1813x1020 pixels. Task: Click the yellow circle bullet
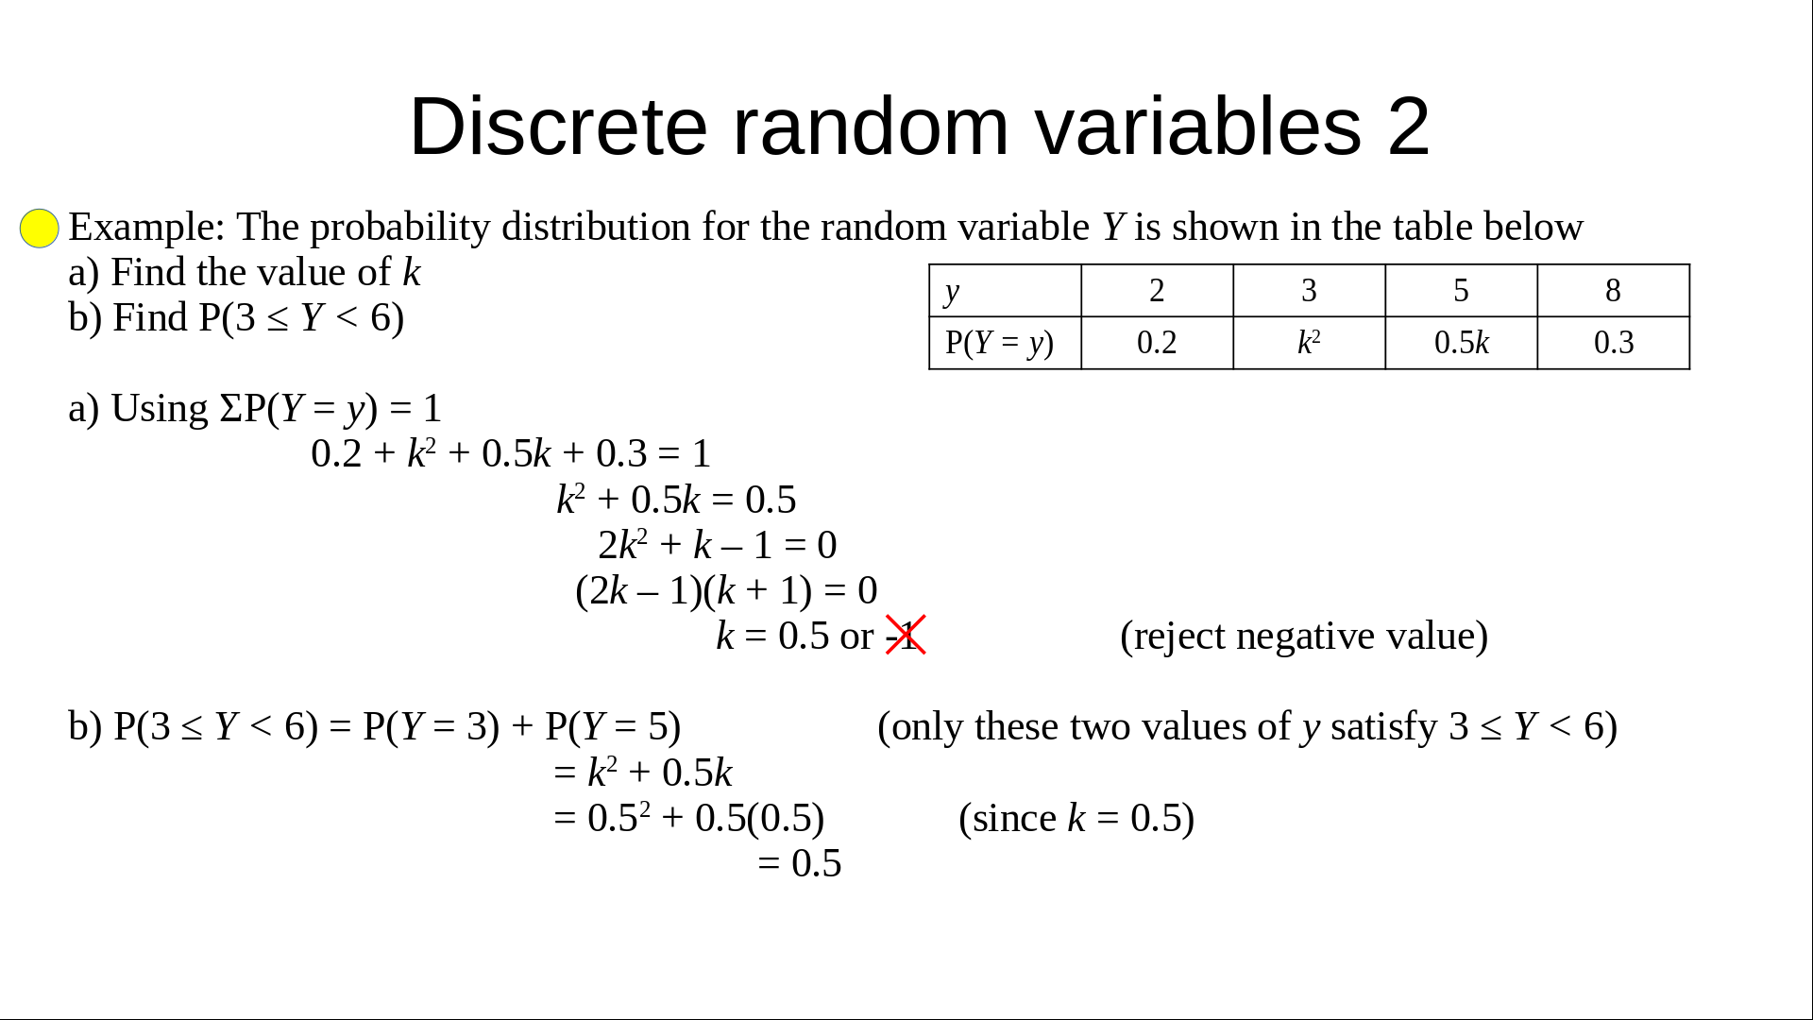pos(40,229)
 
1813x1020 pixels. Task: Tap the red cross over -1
pos(906,635)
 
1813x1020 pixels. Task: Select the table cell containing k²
pos(1309,343)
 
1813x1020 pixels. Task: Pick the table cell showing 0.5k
pos(1461,343)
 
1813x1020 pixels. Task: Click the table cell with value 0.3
pos(1614,343)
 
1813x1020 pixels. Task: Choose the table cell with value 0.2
pos(1157,343)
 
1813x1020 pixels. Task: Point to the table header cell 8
pos(1614,291)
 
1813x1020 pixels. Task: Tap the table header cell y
pos(1005,291)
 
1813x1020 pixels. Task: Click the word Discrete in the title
pos(558,126)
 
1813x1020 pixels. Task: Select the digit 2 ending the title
pos(1409,126)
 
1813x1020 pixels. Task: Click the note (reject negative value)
pos(1304,637)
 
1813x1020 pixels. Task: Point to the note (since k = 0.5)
pos(1076,819)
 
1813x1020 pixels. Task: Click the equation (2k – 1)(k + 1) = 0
pos(726,591)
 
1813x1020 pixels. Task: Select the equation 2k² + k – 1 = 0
pos(718,545)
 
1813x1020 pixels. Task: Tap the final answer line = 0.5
pos(799,863)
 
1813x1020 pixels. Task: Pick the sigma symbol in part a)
pos(231,409)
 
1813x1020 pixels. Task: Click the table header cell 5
pos(1461,291)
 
